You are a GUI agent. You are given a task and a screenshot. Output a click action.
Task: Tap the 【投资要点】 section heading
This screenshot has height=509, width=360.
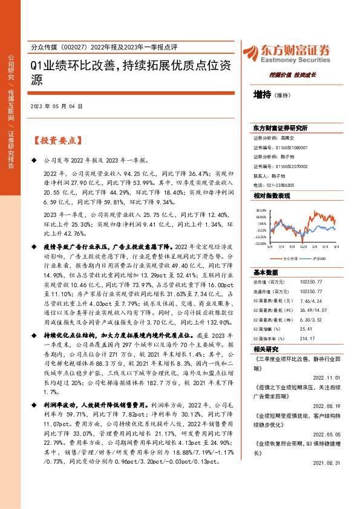tap(55, 141)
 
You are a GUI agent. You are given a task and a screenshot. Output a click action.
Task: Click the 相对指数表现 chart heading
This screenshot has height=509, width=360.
tap(272, 196)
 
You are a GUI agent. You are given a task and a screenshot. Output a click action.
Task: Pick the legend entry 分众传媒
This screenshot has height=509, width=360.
tap(290, 258)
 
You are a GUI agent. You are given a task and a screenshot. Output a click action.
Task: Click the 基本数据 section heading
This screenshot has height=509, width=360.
tap(266, 272)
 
